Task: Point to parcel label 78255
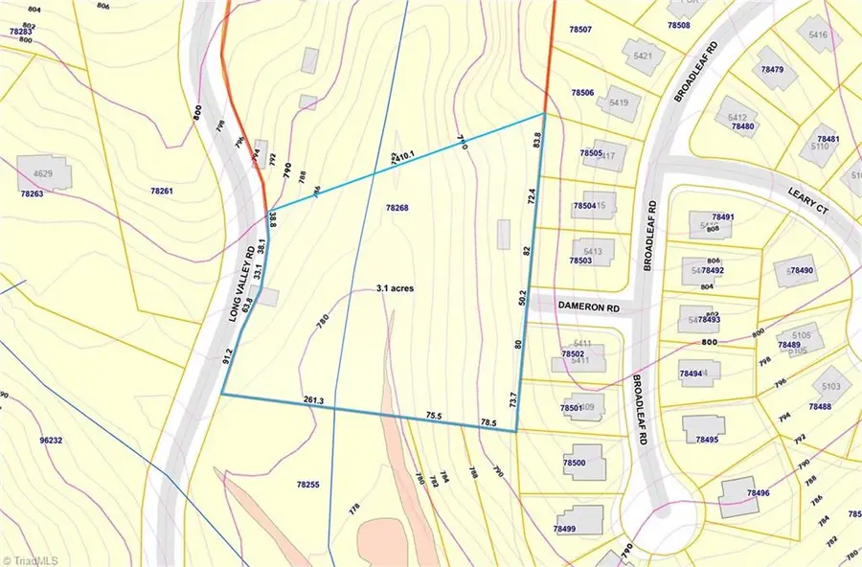[x=307, y=486]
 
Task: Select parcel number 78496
[x=757, y=492]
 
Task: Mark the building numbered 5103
[x=830, y=386]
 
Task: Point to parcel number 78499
[x=565, y=529]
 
